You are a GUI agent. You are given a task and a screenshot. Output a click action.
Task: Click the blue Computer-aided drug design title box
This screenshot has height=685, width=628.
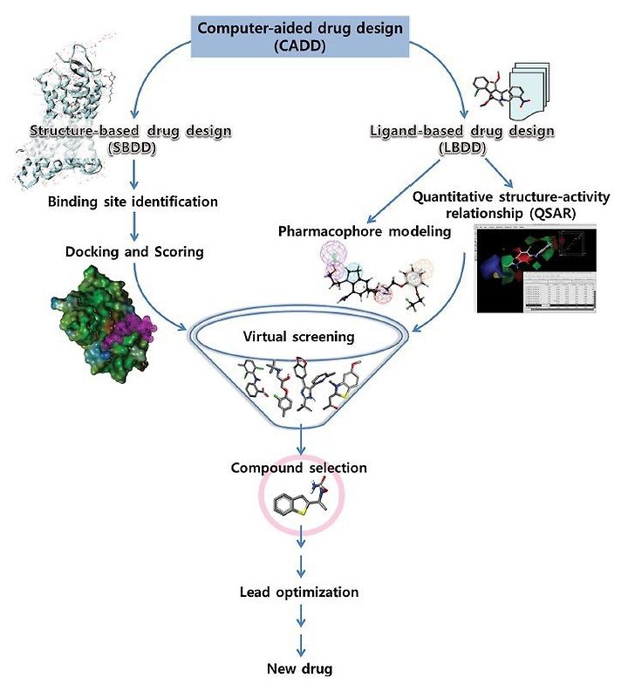coord(300,37)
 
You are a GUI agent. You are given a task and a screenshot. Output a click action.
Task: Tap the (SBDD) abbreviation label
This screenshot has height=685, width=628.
coord(132,148)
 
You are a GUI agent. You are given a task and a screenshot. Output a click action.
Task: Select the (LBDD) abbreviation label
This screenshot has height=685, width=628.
coord(462,148)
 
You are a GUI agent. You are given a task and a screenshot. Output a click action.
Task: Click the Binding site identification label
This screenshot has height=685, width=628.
coord(133,202)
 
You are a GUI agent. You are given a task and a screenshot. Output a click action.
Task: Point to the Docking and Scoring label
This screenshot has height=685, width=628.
coord(134,251)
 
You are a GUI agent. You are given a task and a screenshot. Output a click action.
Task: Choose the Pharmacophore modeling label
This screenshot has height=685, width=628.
coord(365,230)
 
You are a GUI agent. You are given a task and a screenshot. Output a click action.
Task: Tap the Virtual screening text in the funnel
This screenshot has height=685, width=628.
coord(298,336)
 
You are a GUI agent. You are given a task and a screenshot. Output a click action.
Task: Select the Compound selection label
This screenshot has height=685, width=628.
coord(298,468)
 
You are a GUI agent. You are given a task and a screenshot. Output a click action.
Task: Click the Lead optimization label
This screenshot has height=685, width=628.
coord(299,592)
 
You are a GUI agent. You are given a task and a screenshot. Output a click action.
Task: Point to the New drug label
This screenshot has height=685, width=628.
coord(299,668)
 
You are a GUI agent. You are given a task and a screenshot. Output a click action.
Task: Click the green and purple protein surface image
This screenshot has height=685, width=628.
coord(104,325)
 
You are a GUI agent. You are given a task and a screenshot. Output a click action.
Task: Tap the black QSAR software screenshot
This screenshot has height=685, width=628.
coord(536,269)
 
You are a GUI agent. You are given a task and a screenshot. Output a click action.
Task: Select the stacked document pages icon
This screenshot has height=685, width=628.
coord(529,92)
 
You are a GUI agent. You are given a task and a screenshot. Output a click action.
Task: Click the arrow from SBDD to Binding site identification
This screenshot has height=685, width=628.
coord(134,174)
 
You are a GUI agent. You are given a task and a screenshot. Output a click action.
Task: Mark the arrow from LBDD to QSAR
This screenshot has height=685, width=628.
coord(499,173)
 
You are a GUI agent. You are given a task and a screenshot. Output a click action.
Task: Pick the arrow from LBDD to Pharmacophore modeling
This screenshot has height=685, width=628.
coord(404,191)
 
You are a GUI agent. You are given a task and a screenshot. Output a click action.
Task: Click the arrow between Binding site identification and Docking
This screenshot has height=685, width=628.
coord(134,226)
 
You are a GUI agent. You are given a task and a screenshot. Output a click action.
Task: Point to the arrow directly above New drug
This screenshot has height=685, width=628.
coord(300,645)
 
